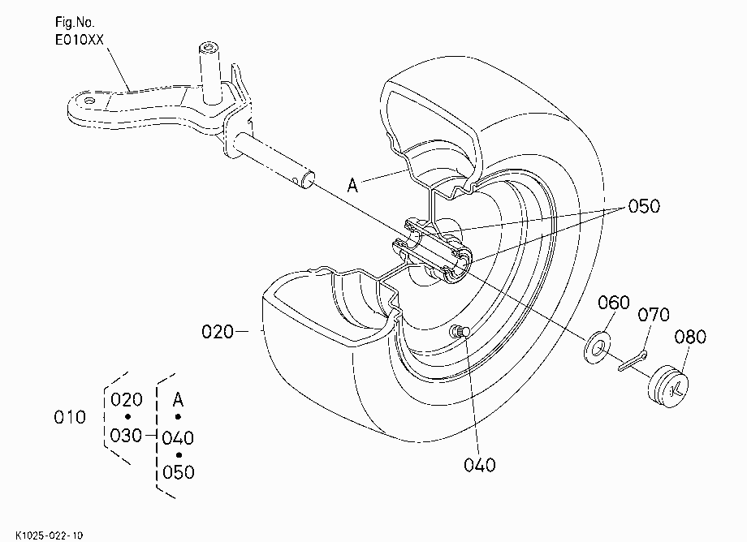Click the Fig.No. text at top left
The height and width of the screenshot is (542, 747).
coord(75,22)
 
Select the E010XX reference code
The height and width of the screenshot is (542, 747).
coord(79,40)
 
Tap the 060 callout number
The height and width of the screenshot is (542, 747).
coord(614,303)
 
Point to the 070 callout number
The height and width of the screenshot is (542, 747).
coord(653,315)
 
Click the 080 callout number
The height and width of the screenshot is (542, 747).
coord(690,337)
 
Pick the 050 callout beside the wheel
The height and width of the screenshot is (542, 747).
coord(644,207)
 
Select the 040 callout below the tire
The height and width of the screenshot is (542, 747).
coord(479,465)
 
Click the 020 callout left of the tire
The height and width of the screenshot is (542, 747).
coord(218,332)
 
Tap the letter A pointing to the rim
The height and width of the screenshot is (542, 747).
coord(352,185)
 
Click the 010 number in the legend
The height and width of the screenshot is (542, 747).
coord(70,417)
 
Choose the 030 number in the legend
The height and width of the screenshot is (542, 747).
coord(126,436)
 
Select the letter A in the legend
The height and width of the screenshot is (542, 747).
coord(178,399)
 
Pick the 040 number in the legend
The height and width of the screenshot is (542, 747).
coord(178,438)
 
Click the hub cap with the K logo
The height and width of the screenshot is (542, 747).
coord(668,386)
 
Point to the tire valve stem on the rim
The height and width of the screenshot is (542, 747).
coord(460,332)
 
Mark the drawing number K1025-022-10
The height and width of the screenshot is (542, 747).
coord(49,536)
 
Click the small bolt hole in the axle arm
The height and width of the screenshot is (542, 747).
coord(89,101)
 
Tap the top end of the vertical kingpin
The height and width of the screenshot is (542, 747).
coord(209,48)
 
